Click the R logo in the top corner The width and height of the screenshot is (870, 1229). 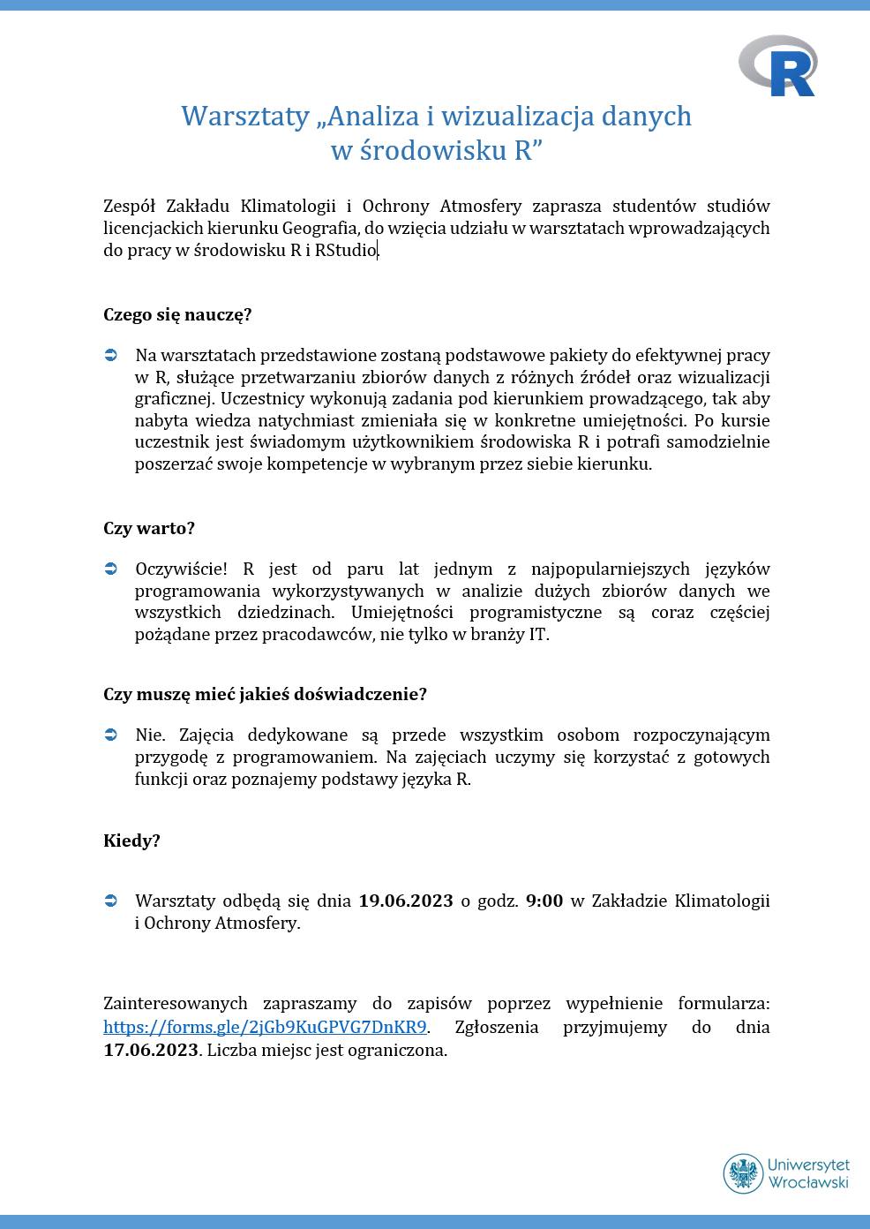click(778, 66)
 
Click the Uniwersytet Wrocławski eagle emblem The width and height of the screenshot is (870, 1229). click(743, 1173)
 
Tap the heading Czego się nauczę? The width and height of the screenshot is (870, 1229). click(177, 314)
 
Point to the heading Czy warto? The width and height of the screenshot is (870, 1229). click(148, 528)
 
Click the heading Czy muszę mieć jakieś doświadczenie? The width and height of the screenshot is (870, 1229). click(265, 694)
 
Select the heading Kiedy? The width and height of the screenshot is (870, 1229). click(131, 841)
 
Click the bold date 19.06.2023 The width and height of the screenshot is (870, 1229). click(405, 901)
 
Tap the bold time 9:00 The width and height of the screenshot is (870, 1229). click(544, 901)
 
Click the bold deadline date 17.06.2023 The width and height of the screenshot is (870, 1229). click(152, 1050)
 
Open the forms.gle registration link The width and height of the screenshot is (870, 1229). click(265, 1027)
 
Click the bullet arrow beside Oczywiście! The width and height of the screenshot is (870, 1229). click(111, 569)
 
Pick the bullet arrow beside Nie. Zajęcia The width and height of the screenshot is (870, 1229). click(111, 735)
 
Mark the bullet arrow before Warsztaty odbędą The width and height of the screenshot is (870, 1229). click(111, 901)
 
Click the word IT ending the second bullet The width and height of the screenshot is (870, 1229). click(537, 634)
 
